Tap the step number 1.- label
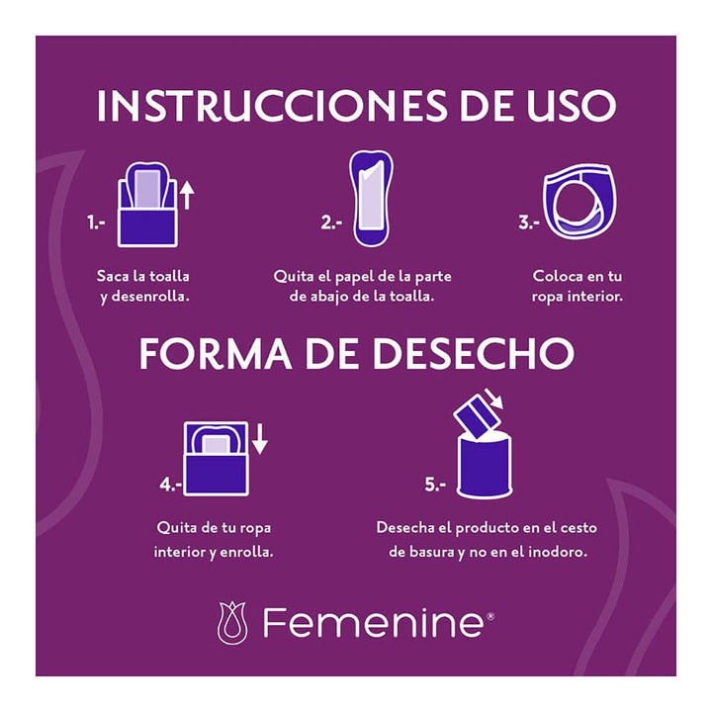pos(96,224)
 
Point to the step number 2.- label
pos(330,224)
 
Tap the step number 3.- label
pos(528,224)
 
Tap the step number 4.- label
pos(170,486)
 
